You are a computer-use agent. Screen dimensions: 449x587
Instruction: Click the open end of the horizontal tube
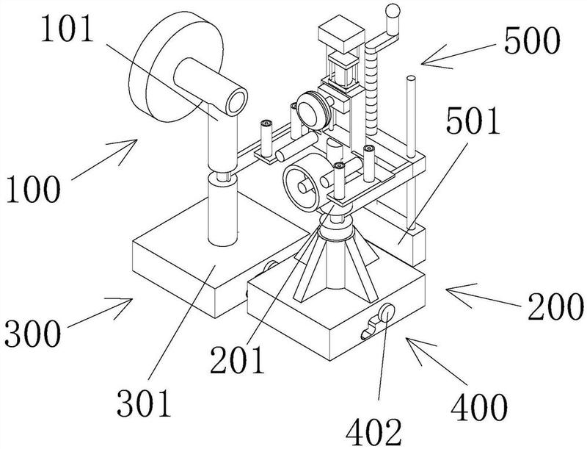click(236, 101)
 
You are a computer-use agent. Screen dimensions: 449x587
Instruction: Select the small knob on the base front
click(381, 318)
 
